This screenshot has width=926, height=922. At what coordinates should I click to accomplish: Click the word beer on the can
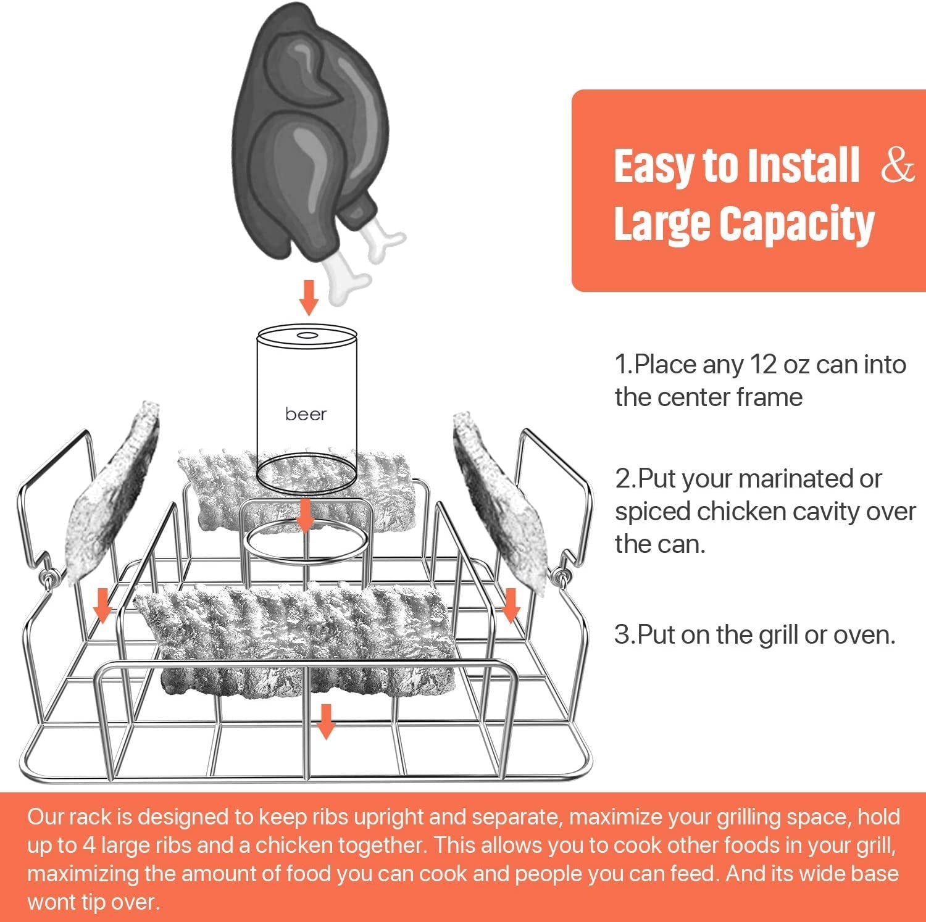306,414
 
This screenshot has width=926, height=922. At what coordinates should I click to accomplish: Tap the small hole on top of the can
307,336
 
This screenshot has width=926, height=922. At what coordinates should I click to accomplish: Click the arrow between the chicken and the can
309,297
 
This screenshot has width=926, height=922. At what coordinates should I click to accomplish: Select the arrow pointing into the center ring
304,516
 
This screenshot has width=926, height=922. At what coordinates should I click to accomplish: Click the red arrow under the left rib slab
102,605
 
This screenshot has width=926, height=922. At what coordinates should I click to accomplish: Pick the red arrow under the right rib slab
511,605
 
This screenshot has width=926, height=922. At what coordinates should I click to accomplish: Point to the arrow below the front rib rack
325,721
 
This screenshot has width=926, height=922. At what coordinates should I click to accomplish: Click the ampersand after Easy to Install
897,165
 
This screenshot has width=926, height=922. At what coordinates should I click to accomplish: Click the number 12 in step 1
762,365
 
